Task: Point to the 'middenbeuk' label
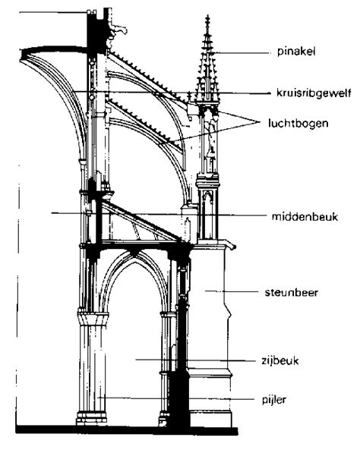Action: coord(302,215)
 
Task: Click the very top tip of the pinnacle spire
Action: coord(207,15)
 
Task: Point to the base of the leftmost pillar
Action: coord(87,418)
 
